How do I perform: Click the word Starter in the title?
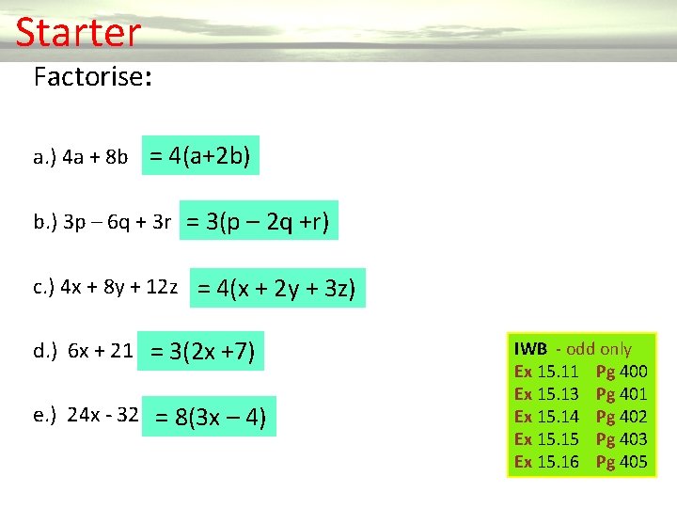pos(78,33)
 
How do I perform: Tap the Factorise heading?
pos(92,76)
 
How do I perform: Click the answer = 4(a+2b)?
pos(200,155)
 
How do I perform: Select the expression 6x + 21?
pos(98,352)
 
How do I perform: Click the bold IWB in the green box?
pos(530,349)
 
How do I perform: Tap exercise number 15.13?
pos(558,394)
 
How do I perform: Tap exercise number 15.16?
pos(558,461)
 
